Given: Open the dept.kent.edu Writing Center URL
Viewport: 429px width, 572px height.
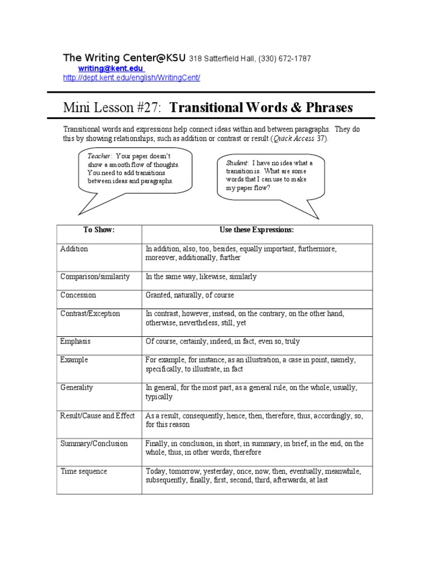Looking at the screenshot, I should pos(131,78).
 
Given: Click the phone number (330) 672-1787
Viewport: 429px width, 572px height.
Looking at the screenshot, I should pos(286,59).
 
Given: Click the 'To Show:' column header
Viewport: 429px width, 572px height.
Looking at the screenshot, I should pos(99,230).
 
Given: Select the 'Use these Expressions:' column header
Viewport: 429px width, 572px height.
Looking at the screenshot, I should pos(256,230).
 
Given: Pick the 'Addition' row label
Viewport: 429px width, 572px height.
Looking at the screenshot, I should pos(74,249).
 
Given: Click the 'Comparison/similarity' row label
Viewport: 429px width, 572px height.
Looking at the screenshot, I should pos(95,277).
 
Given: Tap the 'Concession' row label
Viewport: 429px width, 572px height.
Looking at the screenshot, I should pos(78,295).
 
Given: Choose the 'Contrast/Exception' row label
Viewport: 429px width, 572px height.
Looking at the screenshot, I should pos(90,313).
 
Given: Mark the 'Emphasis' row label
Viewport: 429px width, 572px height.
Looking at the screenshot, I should pos(75,341).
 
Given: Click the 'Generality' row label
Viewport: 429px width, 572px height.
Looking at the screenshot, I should pos(77,388).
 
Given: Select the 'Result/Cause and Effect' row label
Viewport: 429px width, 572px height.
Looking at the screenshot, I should pos(98,416).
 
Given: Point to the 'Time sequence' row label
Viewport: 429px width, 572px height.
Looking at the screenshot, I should pos(84,471).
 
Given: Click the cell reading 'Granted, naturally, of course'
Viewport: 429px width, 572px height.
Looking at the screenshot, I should pos(190,295).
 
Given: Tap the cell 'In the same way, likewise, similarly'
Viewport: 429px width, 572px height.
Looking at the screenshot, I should pos(201,277).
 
